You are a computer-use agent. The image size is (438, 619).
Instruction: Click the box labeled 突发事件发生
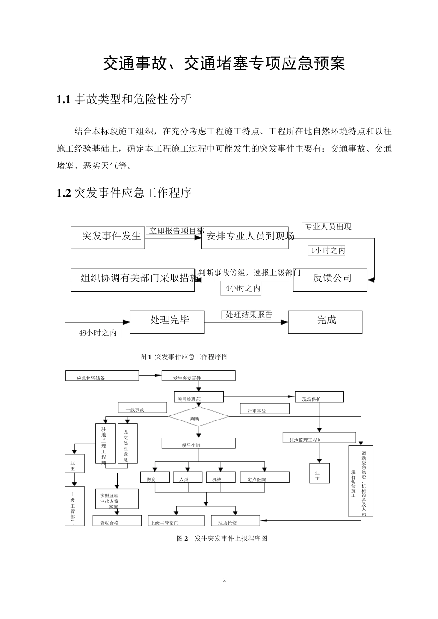point(108,238)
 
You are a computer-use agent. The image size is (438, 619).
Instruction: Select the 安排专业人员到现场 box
point(245,238)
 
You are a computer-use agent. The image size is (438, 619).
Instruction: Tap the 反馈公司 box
point(330,279)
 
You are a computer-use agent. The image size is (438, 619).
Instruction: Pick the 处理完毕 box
point(167,321)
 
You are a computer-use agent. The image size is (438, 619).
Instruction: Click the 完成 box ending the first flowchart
point(325,321)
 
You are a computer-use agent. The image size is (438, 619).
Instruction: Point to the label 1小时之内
point(327,251)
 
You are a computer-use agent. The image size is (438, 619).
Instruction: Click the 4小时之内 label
point(241,289)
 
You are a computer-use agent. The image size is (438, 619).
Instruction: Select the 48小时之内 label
point(96,333)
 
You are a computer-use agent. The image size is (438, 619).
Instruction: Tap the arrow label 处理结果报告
point(249,315)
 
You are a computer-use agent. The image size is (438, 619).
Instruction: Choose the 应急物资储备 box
point(102,376)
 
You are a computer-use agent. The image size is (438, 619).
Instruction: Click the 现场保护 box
point(319,397)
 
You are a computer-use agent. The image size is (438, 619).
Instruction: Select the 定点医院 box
point(265,477)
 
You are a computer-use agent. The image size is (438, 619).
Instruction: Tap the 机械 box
point(220,477)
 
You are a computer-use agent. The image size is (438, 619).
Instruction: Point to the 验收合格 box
point(117,520)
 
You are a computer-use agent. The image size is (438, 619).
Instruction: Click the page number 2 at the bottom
point(224,579)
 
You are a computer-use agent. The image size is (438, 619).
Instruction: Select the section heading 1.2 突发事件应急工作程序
point(124,193)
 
